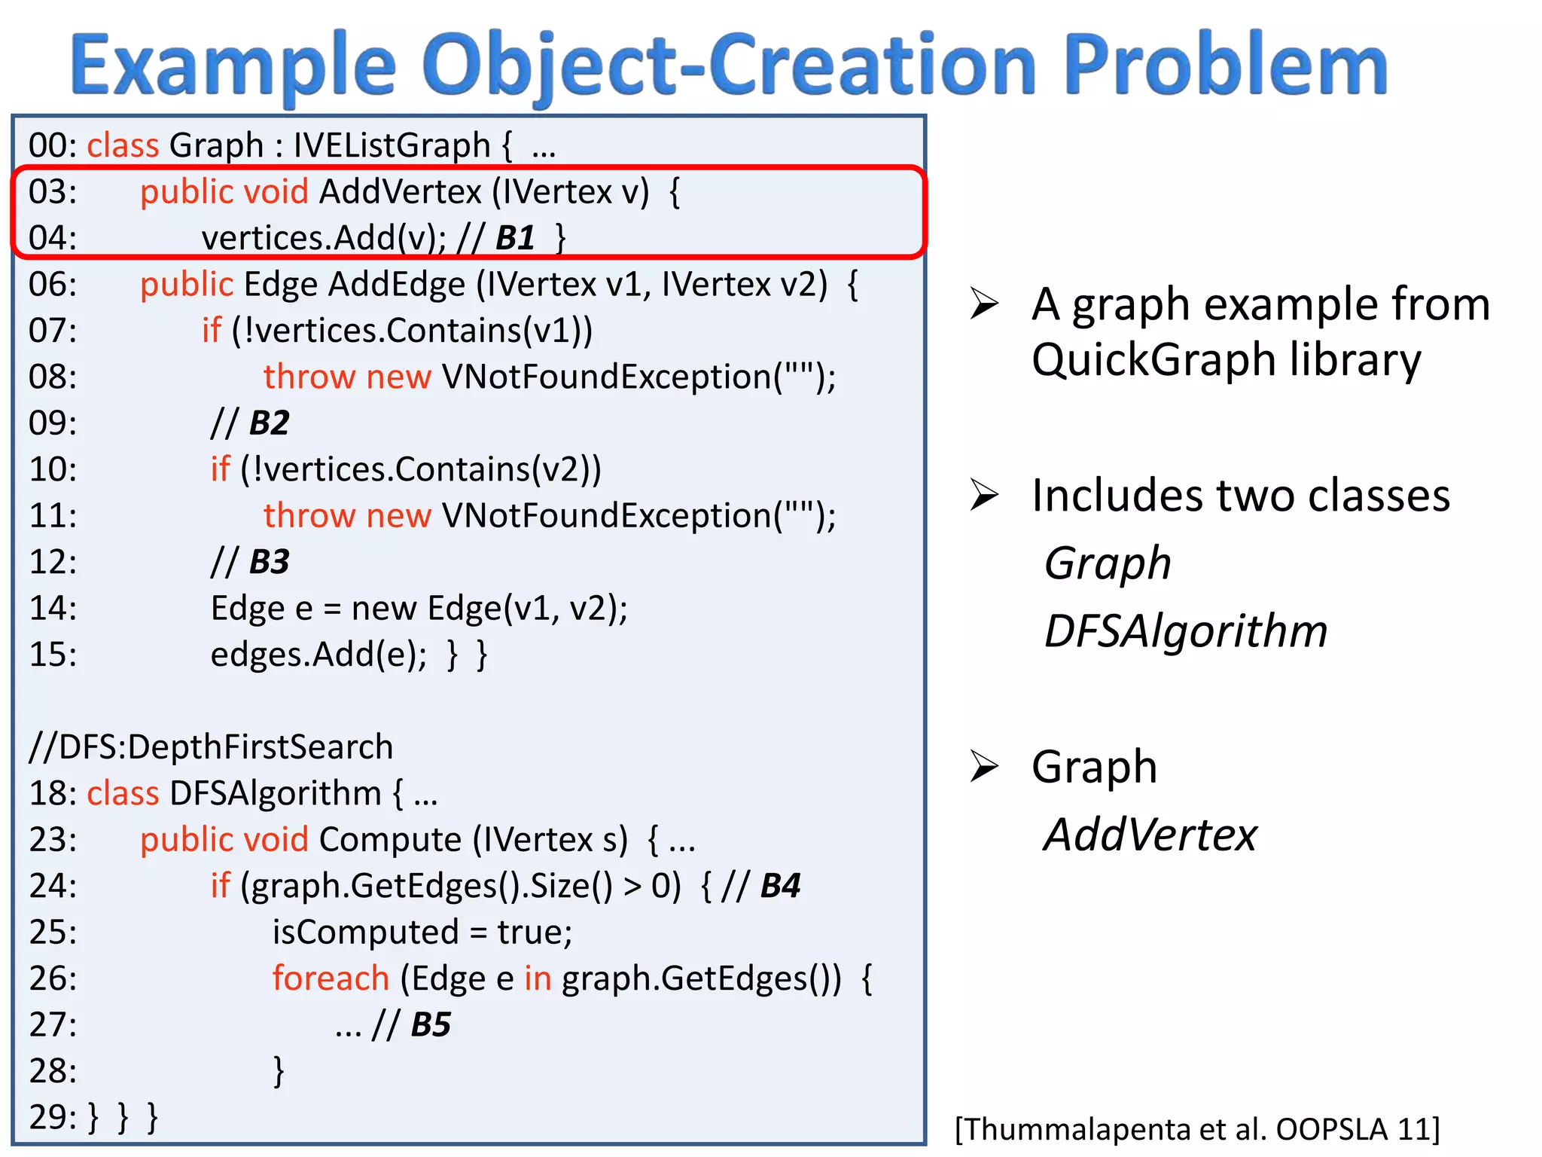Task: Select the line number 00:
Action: coord(53,145)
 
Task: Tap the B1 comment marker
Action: coord(516,238)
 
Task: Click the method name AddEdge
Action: coord(397,285)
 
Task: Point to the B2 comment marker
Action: coord(269,423)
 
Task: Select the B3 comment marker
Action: coord(269,562)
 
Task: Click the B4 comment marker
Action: coord(780,886)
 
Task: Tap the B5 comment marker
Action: coord(431,1024)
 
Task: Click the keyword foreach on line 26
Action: coord(331,978)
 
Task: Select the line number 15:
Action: coord(53,655)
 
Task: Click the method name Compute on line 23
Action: coord(390,840)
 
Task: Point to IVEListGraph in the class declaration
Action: coord(392,145)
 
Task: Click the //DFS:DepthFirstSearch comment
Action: coord(211,747)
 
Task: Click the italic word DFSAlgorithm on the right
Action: coord(1186,631)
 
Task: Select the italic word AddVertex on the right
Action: coord(1150,835)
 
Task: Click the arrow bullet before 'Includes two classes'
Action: coord(984,495)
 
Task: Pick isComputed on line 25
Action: coord(365,933)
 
